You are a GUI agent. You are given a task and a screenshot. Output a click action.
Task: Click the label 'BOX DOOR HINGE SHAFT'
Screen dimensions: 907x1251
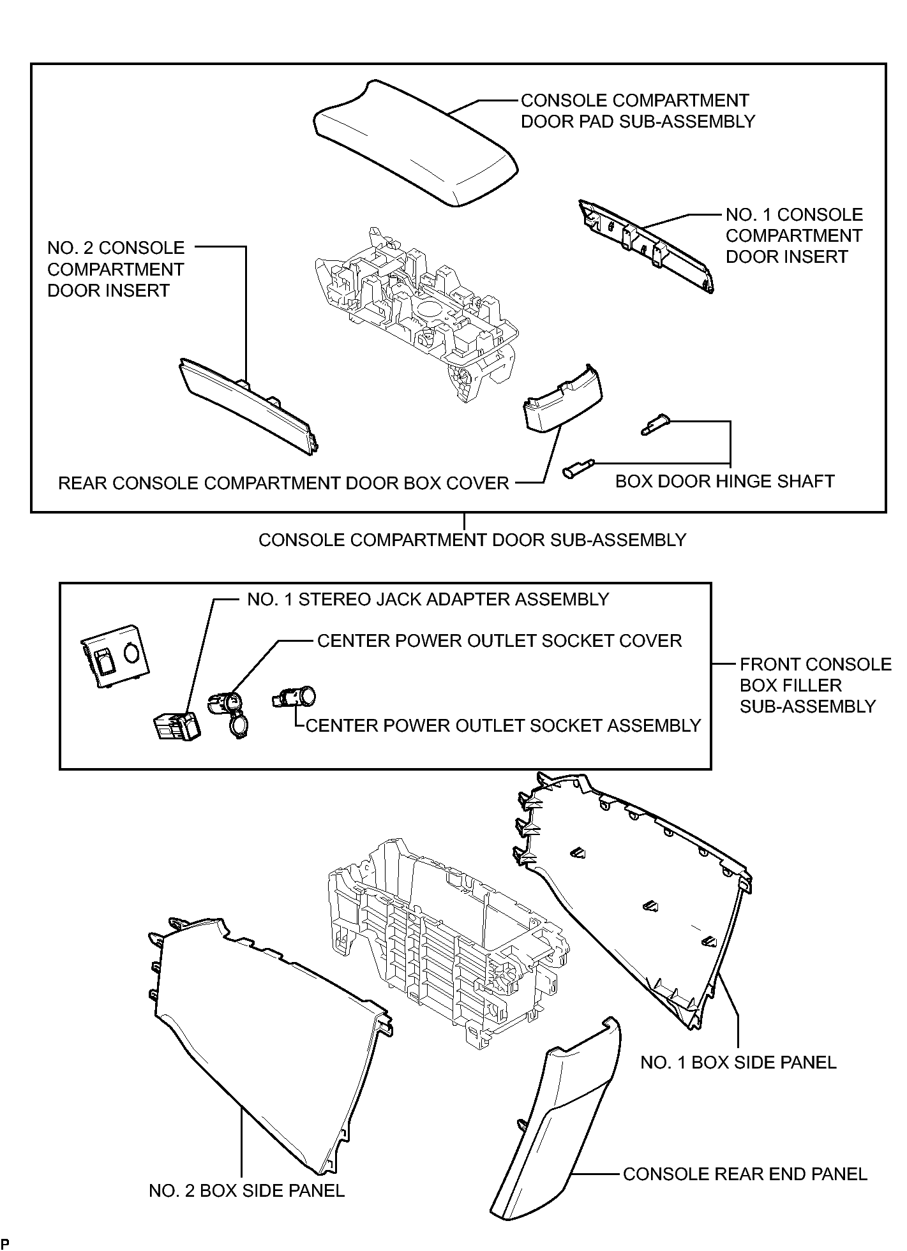pos(724,481)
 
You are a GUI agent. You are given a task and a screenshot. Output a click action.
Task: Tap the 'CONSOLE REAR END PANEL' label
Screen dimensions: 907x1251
pos(745,1174)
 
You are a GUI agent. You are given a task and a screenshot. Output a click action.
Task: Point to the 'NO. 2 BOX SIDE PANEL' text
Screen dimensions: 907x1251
pos(246,1190)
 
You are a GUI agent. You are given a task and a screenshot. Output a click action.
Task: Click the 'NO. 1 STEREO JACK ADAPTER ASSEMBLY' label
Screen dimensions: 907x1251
pos(428,600)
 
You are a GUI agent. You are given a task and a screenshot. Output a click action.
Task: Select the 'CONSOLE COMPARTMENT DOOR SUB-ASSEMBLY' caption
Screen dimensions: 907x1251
pos(472,540)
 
